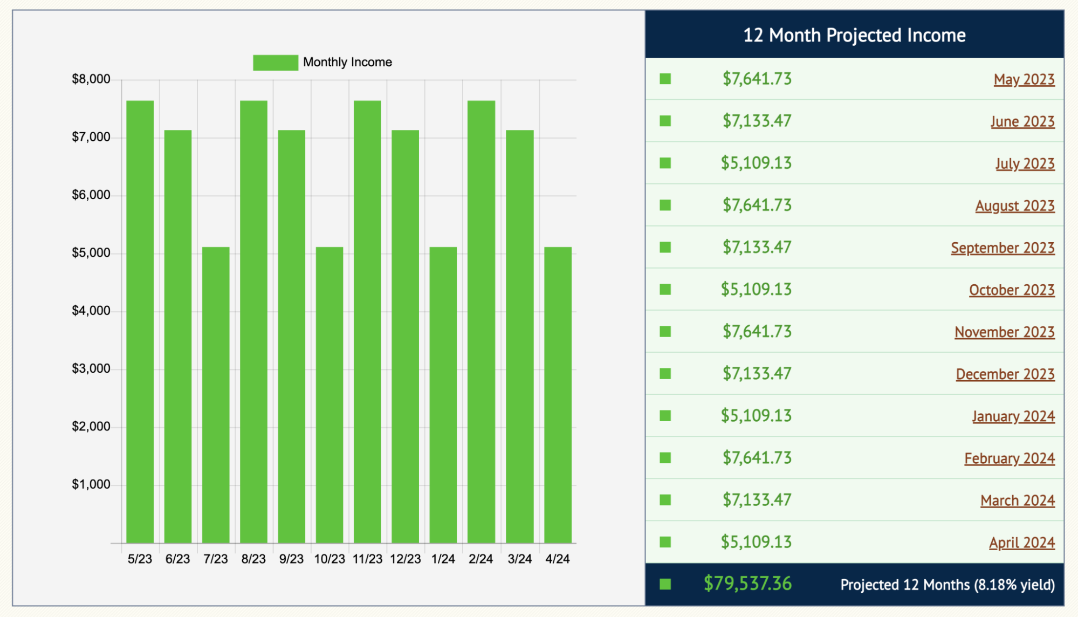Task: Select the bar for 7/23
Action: [216, 395]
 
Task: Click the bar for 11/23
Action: [367, 321]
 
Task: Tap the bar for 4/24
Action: [558, 395]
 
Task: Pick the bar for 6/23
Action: [178, 336]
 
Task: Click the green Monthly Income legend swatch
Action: [275, 63]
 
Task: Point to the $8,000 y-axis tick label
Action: [91, 79]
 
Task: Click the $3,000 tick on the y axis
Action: [91, 369]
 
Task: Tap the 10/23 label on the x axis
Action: [329, 559]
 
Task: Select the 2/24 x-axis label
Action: [480, 559]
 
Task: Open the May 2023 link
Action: [1024, 79]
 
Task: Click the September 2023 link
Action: [1002, 248]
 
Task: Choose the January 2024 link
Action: [1013, 416]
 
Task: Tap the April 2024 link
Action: [1021, 543]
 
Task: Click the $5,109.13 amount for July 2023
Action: [756, 163]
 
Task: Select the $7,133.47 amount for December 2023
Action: [757, 374]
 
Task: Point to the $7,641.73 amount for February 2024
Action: [757, 458]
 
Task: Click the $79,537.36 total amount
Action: [747, 584]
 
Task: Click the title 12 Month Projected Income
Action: [854, 35]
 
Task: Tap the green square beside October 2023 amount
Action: [665, 290]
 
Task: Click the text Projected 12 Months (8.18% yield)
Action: [947, 585]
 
